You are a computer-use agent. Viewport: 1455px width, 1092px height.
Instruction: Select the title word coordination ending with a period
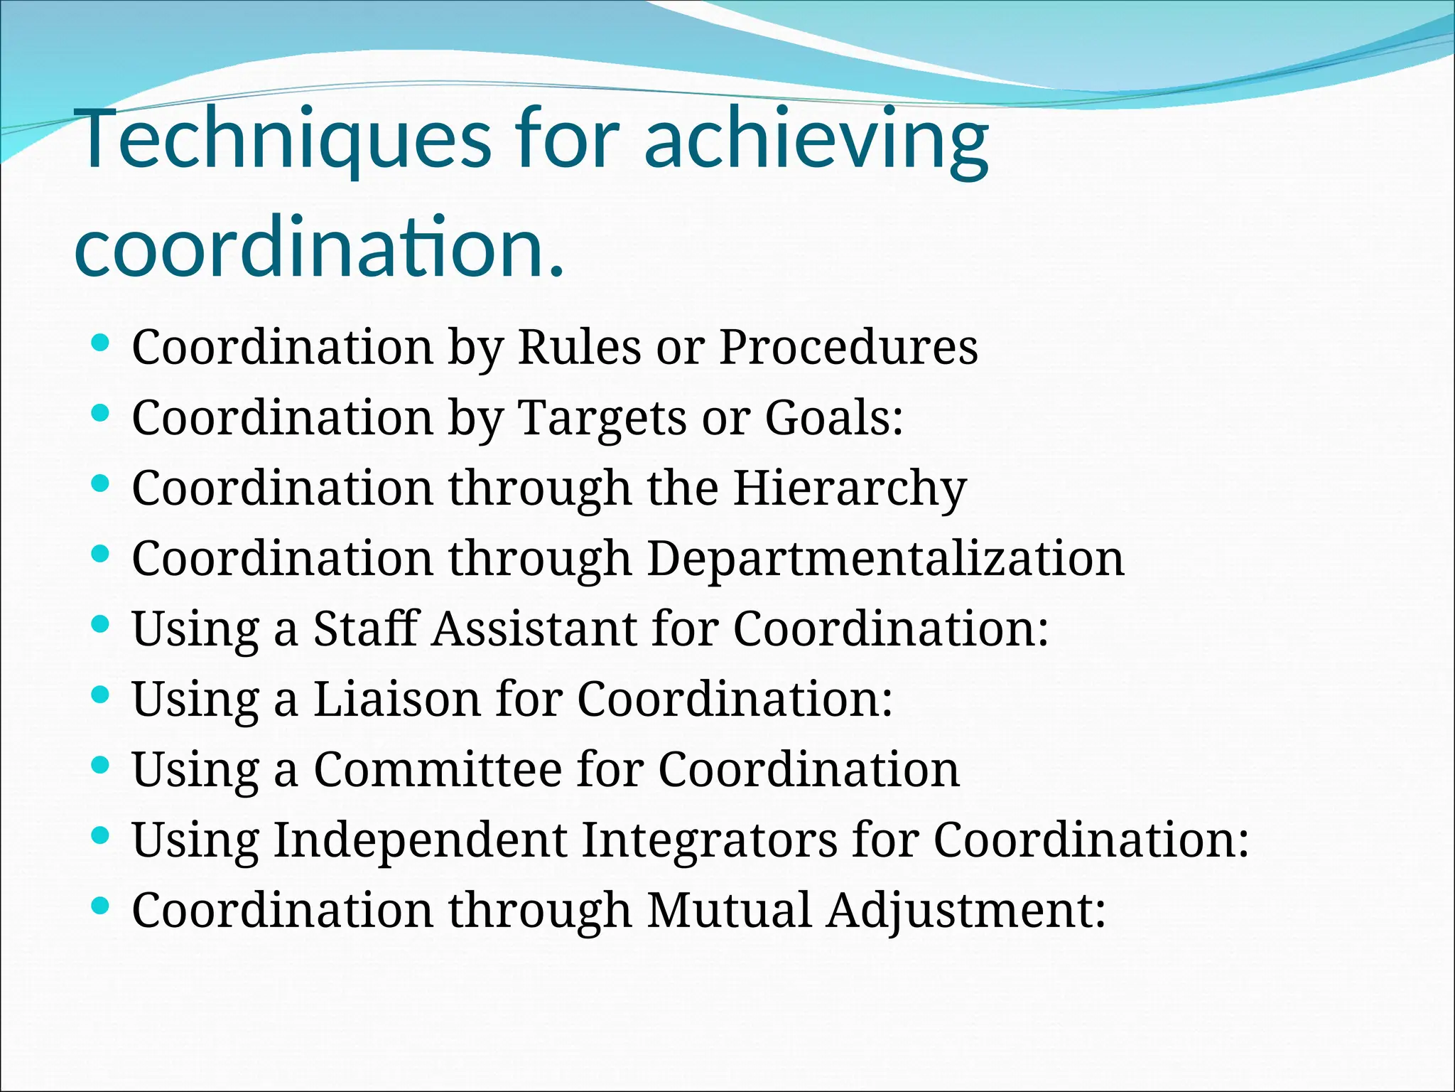pyautogui.click(x=319, y=249)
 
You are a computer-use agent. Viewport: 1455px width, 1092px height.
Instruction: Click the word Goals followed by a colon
pyautogui.click(x=833, y=417)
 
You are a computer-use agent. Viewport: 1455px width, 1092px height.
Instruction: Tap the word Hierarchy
pyautogui.click(x=850, y=489)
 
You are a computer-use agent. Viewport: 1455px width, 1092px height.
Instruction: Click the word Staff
pyautogui.click(x=367, y=628)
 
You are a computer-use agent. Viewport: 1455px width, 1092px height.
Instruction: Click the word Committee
pyautogui.click(x=438, y=769)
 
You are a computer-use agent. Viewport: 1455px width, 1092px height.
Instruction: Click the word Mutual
pyautogui.click(x=729, y=910)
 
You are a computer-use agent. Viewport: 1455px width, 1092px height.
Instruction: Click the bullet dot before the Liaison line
pyautogui.click(x=100, y=694)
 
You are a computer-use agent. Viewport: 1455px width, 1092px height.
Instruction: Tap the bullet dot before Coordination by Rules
pyautogui.click(x=100, y=343)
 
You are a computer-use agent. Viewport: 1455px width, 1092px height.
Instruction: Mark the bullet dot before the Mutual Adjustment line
pyautogui.click(x=100, y=905)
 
